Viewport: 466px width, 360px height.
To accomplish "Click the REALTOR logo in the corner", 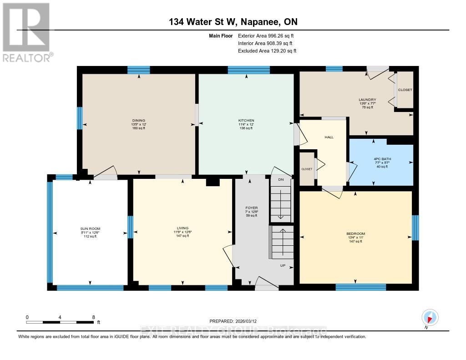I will point(26,32).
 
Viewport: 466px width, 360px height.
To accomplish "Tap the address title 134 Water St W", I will point(233,22).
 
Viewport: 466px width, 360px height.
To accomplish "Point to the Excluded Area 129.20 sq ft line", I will point(267,51).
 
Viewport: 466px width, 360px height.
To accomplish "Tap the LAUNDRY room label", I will point(367,100).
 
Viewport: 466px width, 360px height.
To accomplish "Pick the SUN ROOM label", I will point(90,228).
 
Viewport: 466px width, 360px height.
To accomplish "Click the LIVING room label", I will point(182,228).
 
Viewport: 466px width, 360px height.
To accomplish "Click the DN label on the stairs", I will point(281,180).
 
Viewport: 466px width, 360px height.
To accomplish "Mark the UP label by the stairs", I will point(282,265).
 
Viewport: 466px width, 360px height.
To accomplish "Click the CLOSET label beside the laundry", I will point(405,90).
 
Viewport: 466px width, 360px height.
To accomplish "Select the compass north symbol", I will point(429,317).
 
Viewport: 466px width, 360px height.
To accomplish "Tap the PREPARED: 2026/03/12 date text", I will point(236,321).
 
